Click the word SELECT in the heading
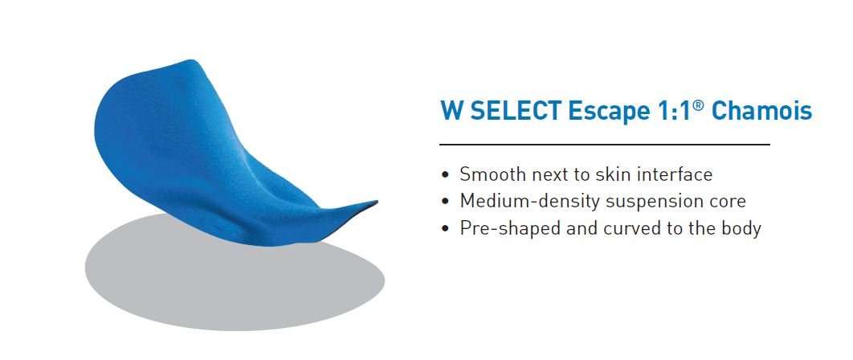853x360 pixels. (x=516, y=111)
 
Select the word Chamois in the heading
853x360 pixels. (x=761, y=111)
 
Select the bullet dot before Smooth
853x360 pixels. (x=446, y=175)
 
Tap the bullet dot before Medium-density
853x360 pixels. (x=446, y=202)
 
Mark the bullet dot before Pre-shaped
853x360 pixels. (x=446, y=229)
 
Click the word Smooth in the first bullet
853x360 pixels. (x=493, y=174)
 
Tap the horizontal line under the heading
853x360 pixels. (x=605, y=145)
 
